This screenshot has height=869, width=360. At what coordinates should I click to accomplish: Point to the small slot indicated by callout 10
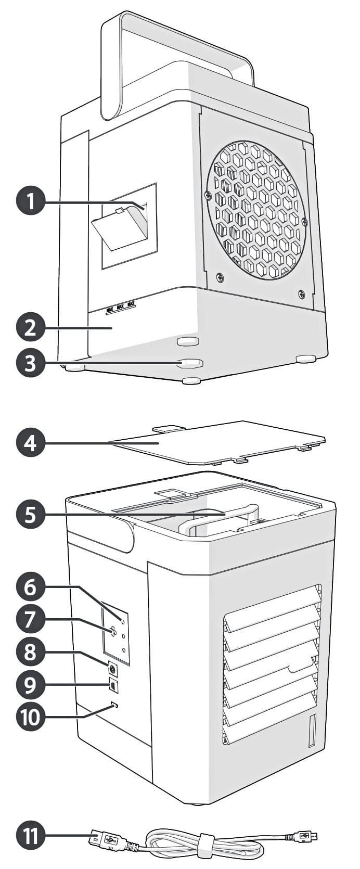115,705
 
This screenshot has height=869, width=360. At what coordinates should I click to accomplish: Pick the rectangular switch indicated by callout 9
113,686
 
